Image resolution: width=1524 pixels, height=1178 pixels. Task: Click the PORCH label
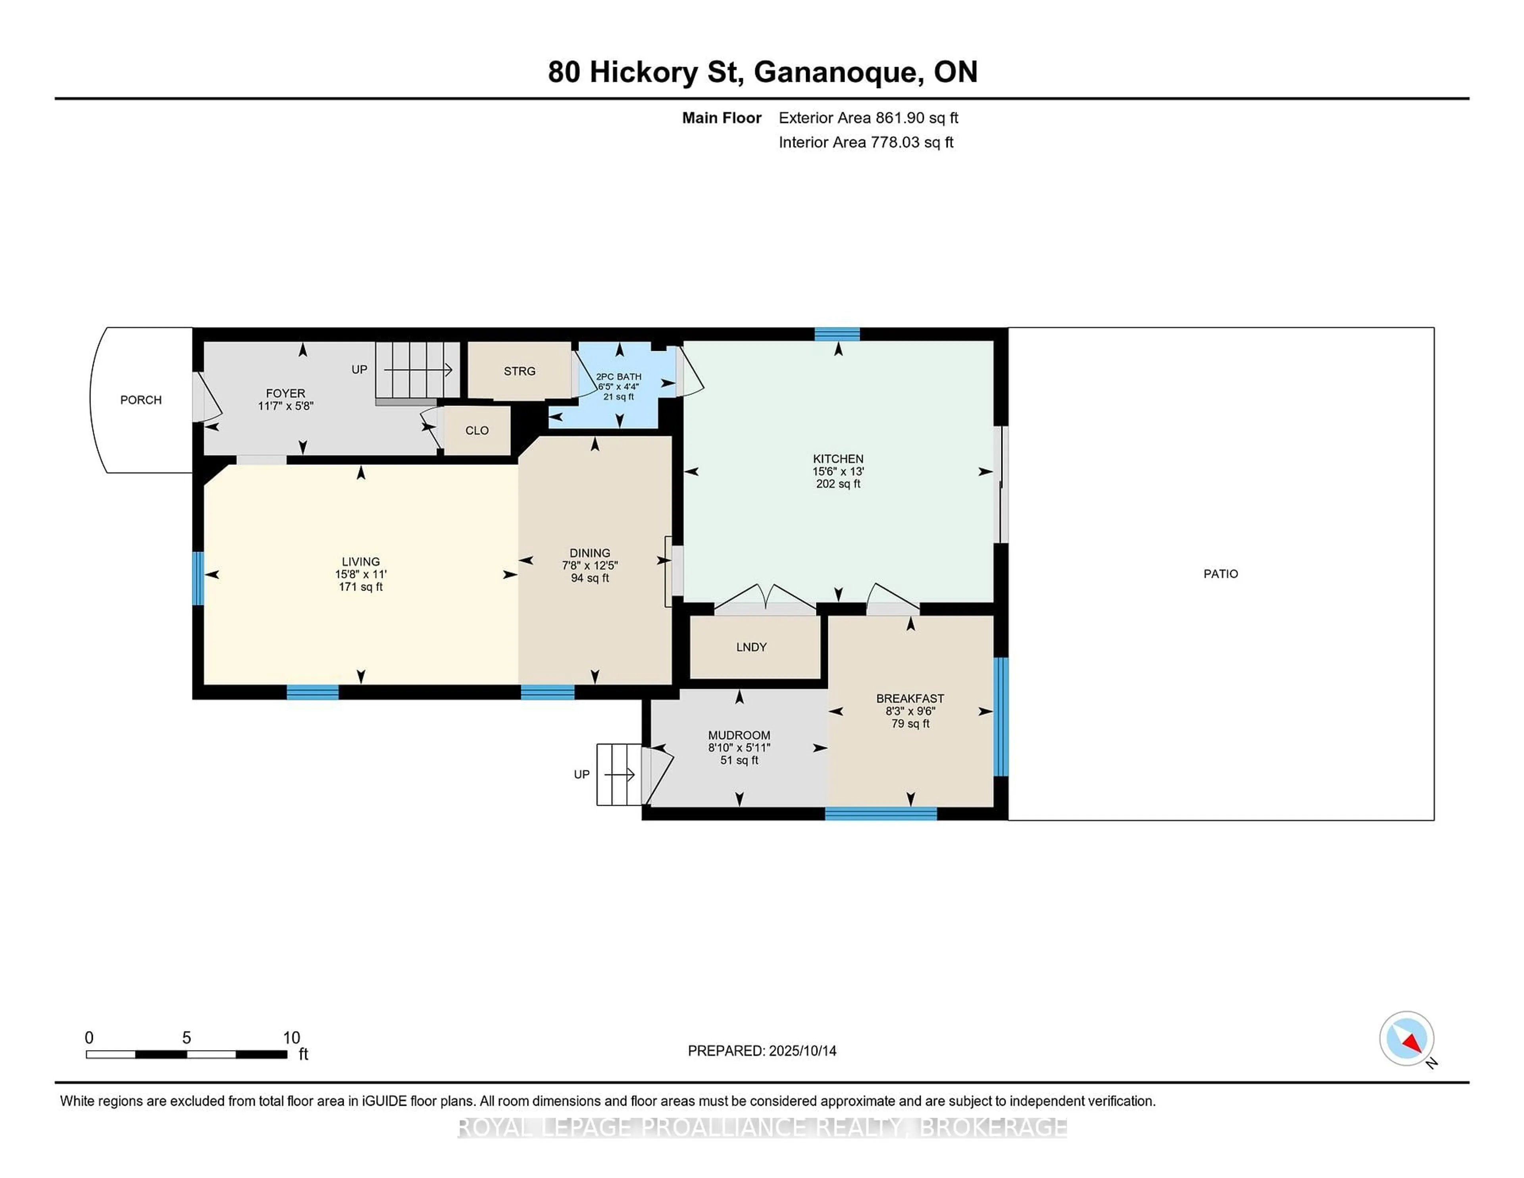point(141,400)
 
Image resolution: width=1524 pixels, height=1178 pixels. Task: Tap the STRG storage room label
point(520,371)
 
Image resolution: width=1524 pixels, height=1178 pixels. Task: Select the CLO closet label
point(477,431)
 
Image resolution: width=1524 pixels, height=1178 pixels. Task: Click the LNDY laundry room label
point(752,647)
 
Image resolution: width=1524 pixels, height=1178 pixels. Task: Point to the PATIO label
point(1221,574)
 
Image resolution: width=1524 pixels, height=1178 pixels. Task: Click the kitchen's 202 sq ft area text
point(838,483)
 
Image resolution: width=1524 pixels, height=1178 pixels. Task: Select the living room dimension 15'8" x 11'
point(361,574)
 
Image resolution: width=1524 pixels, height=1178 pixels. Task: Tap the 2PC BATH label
point(618,377)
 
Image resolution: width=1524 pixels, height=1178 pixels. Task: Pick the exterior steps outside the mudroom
point(619,775)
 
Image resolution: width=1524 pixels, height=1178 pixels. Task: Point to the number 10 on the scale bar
point(292,1038)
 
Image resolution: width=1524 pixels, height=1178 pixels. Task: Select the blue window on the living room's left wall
point(198,579)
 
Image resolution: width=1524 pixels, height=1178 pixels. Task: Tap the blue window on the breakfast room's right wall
point(1001,717)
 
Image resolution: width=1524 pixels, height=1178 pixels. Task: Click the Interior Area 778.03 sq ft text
point(866,142)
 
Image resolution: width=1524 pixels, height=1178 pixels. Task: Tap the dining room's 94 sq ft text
point(590,578)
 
